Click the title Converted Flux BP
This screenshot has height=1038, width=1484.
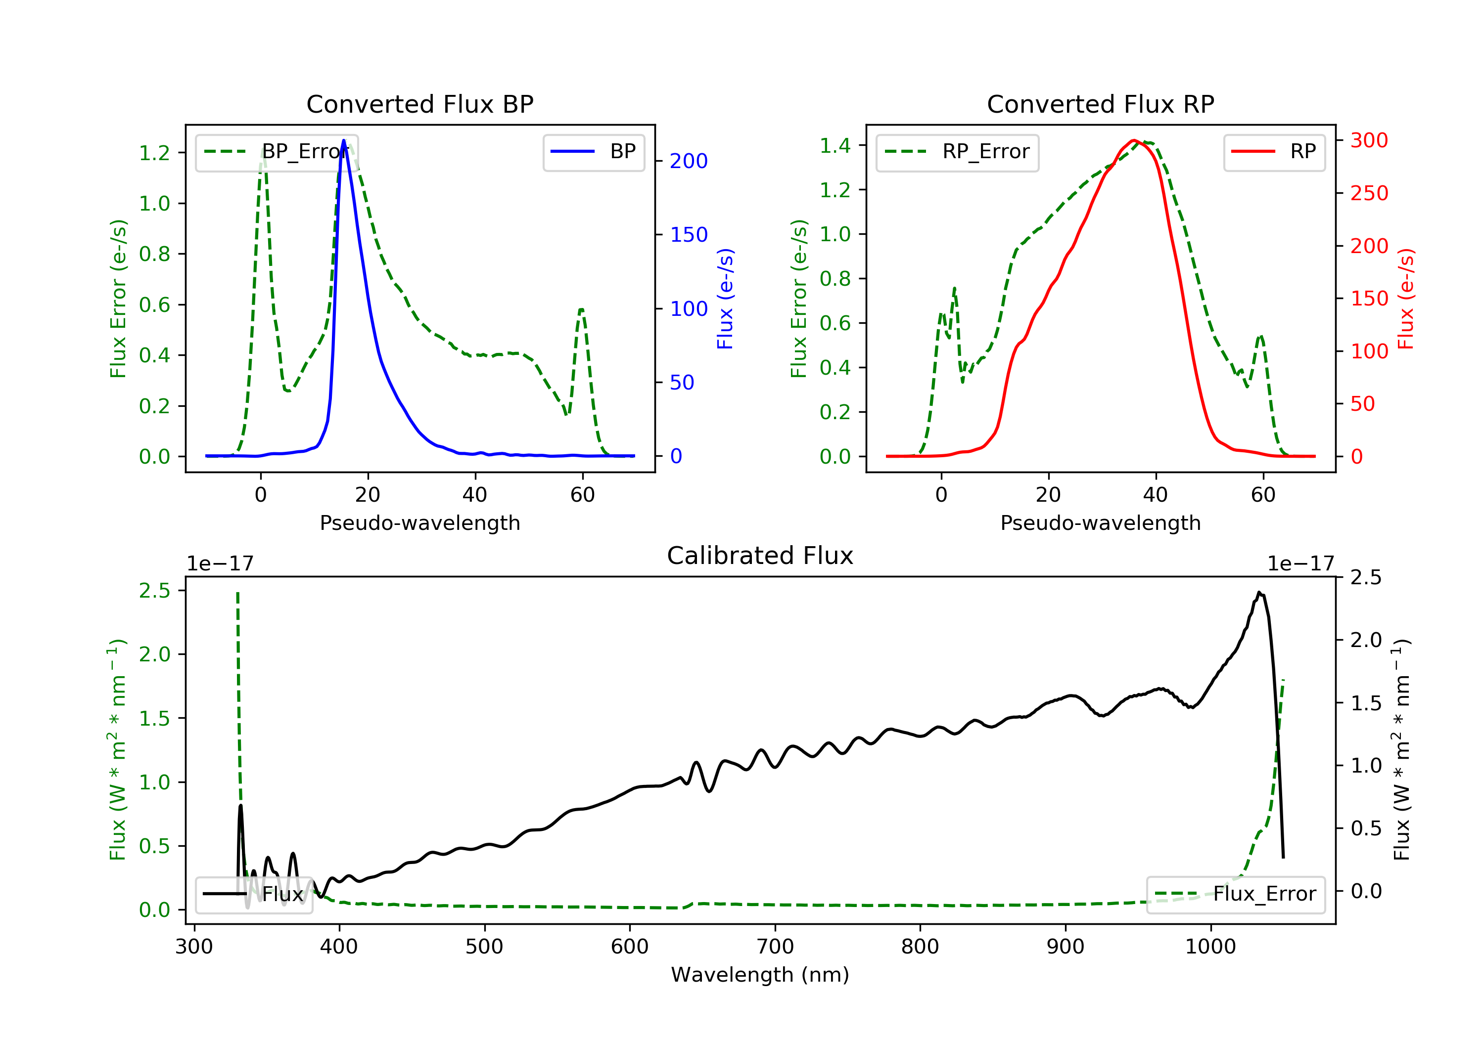(x=419, y=104)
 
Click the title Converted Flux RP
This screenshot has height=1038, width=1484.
(x=1100, y=104)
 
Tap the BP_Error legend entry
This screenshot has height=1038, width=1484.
(x=277, y=152)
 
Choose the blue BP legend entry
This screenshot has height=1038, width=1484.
(x=593, y=152)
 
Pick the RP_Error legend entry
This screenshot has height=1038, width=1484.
(x=957, y=152)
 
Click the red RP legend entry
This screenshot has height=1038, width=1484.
(x=1274, y=152)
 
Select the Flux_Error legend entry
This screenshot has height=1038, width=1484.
(x=1235, y=894)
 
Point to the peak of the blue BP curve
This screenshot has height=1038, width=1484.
(x=343, y=140)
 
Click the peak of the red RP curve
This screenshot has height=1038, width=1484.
(x=1134, y=140)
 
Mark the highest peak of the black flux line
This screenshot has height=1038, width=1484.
(x=1259, y=592)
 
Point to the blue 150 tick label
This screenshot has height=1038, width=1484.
(x=689, y=234)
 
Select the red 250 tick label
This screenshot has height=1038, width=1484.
(x=1369, y=193)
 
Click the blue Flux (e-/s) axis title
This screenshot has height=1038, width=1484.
(x=725, y=299)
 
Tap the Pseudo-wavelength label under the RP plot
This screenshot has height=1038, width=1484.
(x=1100, y=522)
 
